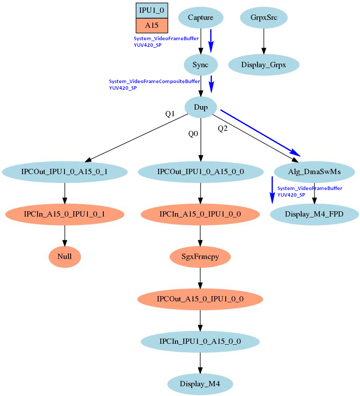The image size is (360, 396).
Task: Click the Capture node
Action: [201, 18]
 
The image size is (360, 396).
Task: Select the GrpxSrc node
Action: [264, 18]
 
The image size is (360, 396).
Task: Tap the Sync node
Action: [201, 65]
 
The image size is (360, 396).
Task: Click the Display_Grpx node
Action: [264, 65]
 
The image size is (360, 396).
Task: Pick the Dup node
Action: [201, 107]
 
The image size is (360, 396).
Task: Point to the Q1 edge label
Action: [170, 114]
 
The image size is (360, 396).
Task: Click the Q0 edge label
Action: [193, 133]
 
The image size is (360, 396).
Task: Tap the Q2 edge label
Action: [223, 129]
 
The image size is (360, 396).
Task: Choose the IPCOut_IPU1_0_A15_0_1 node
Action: [65, 171]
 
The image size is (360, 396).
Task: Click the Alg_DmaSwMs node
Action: [314, 171]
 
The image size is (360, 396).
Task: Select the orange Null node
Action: [64, 256]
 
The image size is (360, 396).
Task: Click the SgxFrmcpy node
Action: [201, 256]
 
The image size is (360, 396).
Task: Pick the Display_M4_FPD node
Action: [314, 214]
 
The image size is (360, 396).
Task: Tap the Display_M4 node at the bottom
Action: [200, 383]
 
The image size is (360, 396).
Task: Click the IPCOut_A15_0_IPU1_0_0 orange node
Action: [200, 299]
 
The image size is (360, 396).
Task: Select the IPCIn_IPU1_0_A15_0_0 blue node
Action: [200, 341]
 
